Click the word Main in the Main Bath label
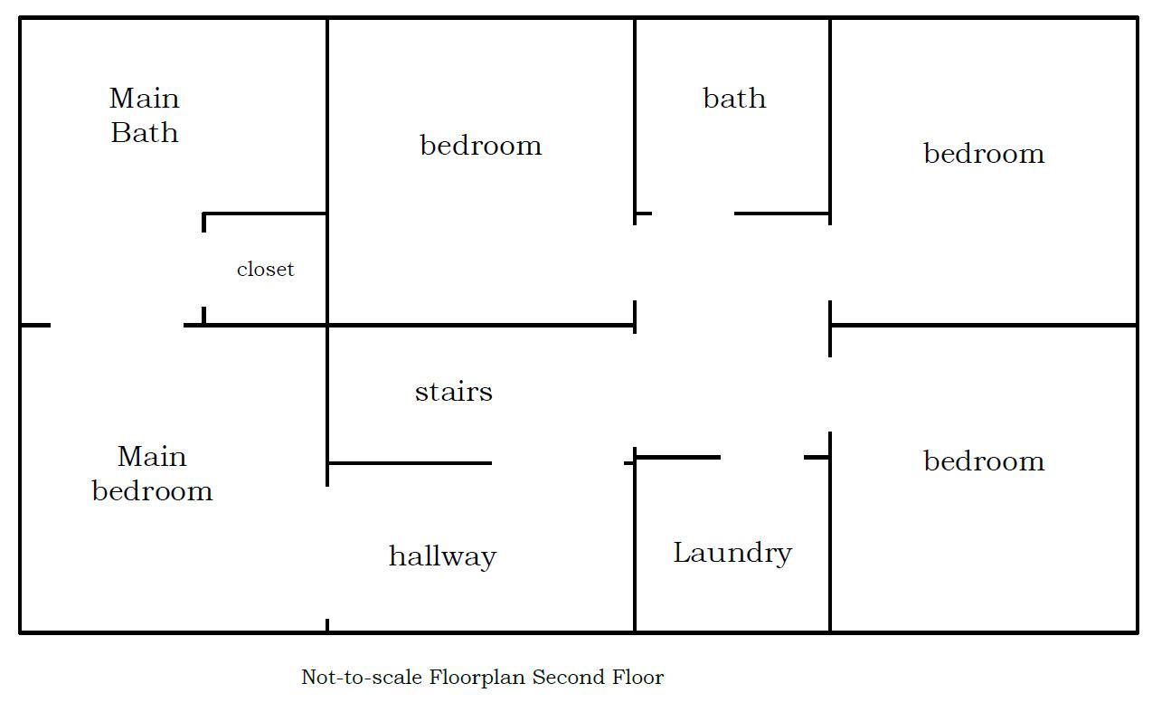(145, 99)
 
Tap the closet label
(266, 270)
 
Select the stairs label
(454, 392)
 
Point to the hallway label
(442, 556)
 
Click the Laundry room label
(732, 554)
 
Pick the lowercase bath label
(734, 99)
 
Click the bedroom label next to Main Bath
(481, 145)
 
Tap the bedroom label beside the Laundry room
(984, 460)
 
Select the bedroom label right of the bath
(984, 153)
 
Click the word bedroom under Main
(152, 490)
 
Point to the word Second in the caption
(568, 677)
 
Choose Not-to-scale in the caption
(362, 677)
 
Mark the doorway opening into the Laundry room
(762, 458)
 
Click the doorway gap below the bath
(694, 214)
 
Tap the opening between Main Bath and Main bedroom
(118, 326)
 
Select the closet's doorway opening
(203, 270)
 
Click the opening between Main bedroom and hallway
(327, 553)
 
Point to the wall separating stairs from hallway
(410, 463)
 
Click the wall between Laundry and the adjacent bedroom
(830, 532)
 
